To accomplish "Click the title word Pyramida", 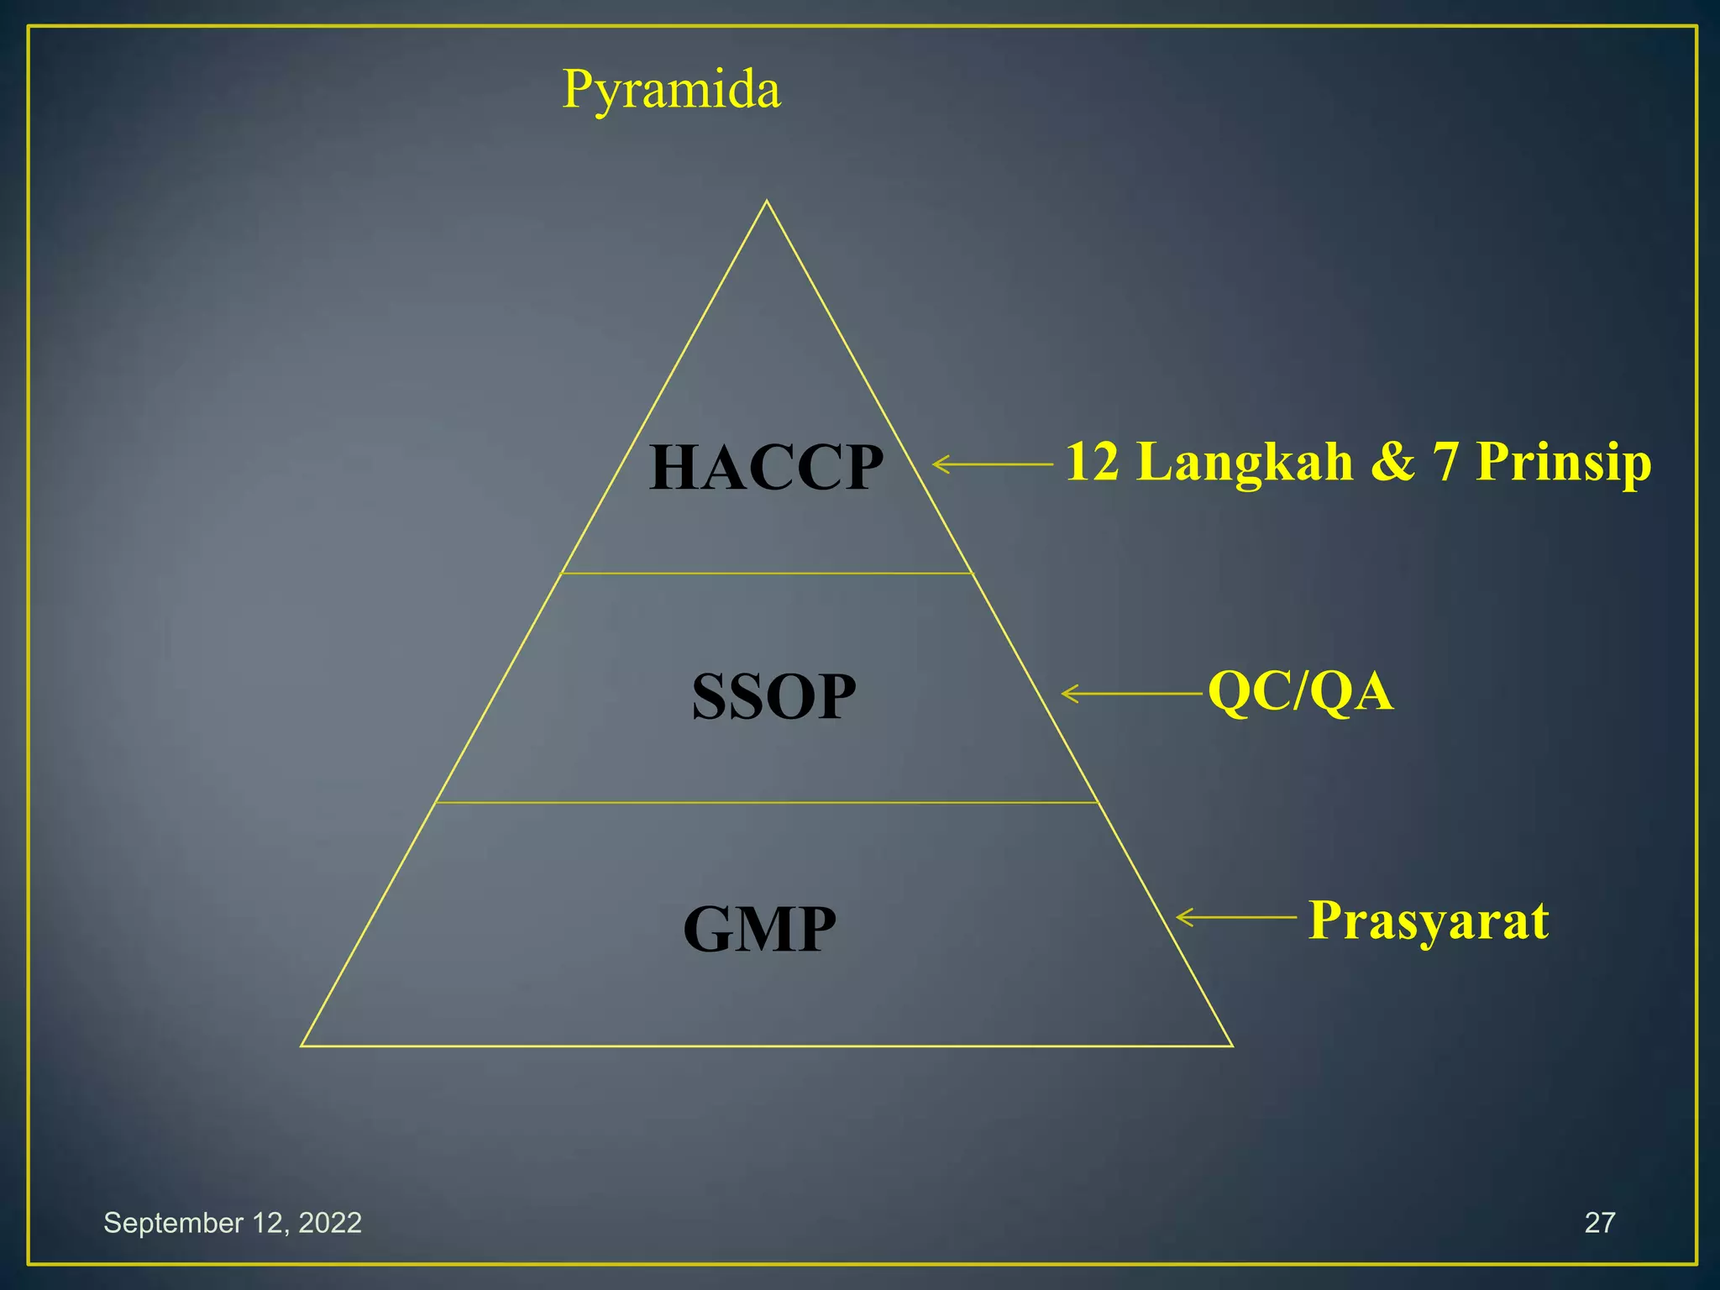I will click(671, 89).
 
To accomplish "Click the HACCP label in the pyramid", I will click(766, 467).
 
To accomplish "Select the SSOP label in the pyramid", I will click(773, 696).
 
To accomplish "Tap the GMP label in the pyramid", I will click(759, 929).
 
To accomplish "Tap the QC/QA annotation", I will click(1300, 692).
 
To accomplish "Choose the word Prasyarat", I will click(1428, 920).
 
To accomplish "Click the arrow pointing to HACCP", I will click(992, 464).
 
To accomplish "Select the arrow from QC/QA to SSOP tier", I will click(1131, 694).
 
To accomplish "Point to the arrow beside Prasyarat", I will click(1236, 917).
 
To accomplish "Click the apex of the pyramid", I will click(766, 202).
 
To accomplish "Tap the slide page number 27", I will click(1599, 1222).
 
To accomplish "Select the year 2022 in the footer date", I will click(329, 1222).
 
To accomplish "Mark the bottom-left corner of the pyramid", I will click(302, 1046).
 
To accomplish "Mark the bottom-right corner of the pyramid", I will click(1232, 1046).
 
